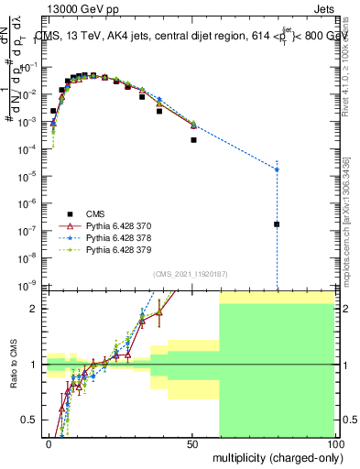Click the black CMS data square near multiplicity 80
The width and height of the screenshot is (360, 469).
click(x=277, y=224)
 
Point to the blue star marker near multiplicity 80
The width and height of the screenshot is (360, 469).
click(x=277, y=169)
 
